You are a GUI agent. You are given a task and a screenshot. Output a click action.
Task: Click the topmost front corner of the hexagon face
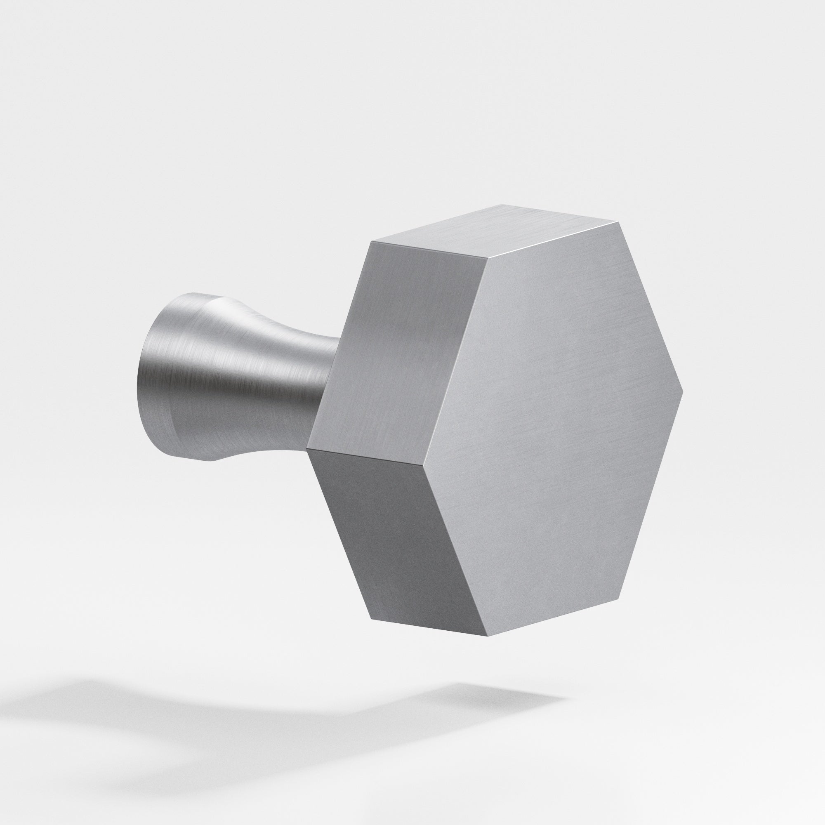[x=619, y=222]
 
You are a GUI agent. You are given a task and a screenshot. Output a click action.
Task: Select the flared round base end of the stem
[x=162, y=372]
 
